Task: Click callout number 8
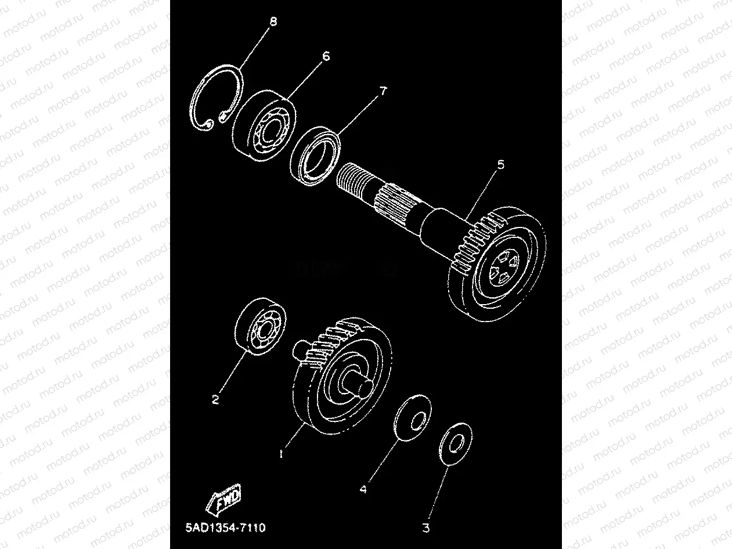[x=273, y=22]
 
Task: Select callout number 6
[x=326, y=56]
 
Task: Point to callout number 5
[x=501, y=165]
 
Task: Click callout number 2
[x=215, y=400]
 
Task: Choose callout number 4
[x=363, y=490]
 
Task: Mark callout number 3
[x=427, y=529]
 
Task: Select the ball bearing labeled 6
[x=265, y=127]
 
